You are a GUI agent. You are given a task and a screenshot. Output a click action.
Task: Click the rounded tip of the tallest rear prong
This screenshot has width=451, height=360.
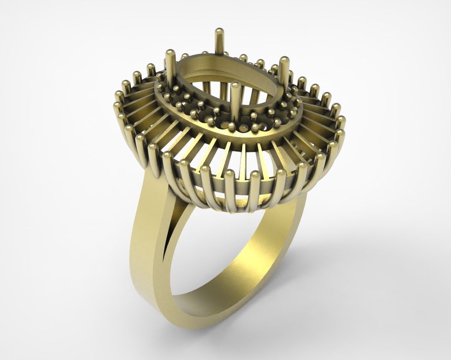click(x=218, y=32)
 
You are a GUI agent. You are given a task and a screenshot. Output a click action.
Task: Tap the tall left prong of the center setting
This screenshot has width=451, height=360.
click(x=170, y=66)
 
